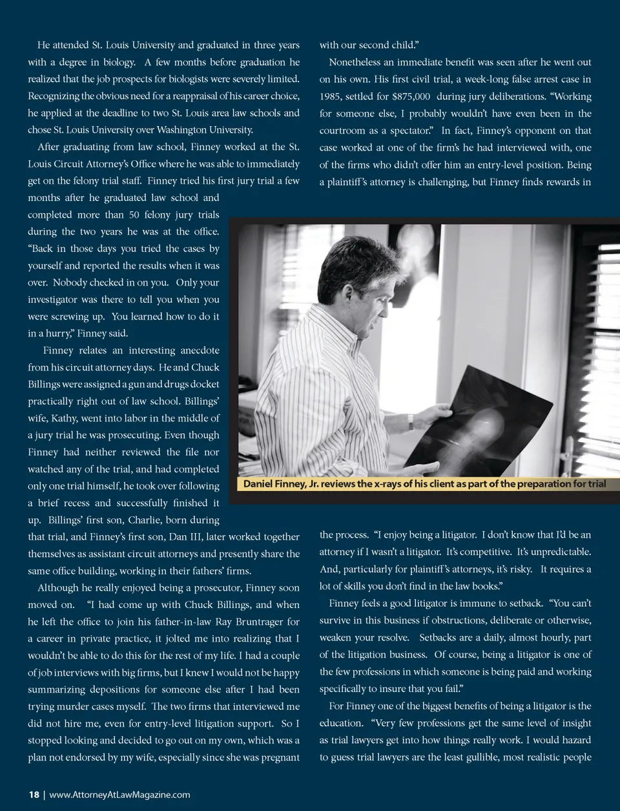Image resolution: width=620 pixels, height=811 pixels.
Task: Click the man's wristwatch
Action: [x=411, y=421]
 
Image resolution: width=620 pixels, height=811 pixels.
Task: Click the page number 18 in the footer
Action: [x=34, y=795]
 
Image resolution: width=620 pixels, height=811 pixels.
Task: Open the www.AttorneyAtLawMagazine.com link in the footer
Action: [x=119, y=795]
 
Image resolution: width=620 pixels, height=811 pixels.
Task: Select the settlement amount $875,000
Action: [x=411, y=96]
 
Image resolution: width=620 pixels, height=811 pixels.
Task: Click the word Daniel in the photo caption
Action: [x=260, y=484]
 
